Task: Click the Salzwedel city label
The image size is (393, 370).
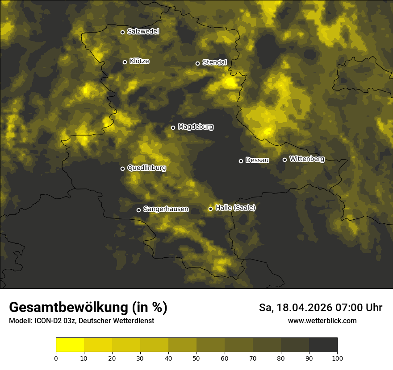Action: pos(143,32)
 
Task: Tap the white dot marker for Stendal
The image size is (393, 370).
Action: pos(197,63)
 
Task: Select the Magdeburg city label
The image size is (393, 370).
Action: pos(195,127)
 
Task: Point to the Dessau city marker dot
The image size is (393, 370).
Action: pos(241,161)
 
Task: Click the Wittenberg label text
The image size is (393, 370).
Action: pos(306,159)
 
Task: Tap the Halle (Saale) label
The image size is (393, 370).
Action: pos(235,208)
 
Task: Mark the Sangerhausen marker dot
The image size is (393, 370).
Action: pos(138,210)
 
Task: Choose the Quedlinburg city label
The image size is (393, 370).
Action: pos(146,168)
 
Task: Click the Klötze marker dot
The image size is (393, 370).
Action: pos(125,62)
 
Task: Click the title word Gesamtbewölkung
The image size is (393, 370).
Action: pos(68,308)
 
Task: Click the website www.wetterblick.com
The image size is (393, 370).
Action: pos(322,321)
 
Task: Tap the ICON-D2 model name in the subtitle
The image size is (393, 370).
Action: pos(45,321)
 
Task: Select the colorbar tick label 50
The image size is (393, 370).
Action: pos(196,358)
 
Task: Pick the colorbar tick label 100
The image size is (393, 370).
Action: pos(337,358)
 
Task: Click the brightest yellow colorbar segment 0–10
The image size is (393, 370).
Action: pos(70,345)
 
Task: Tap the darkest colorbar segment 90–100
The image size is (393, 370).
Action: pos(323,345)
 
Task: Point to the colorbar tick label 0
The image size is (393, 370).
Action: pos(56,358)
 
